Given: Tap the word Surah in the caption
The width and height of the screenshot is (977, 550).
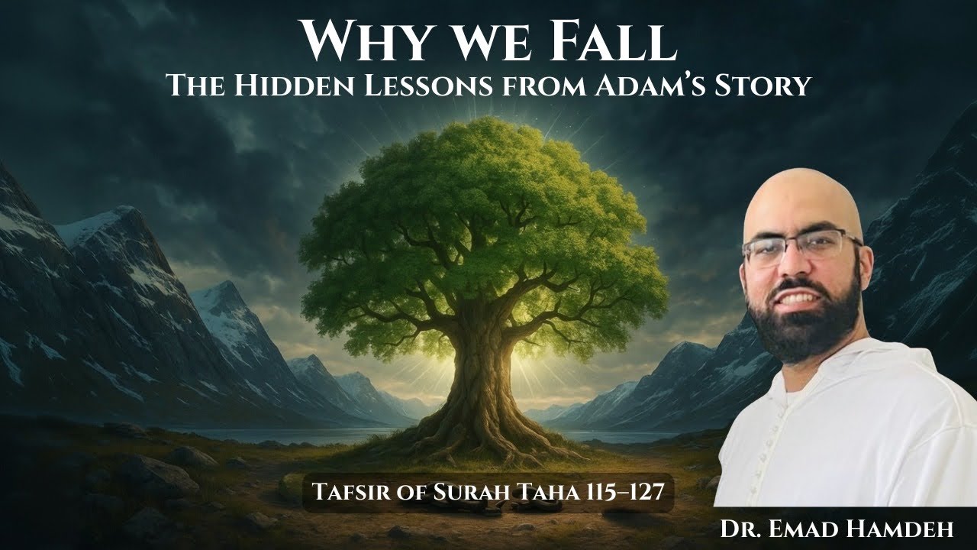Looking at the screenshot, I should pyautogui.click(x=447, y=490).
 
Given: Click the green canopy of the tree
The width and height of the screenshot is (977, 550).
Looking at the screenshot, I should pyautogui.click(x=481, y=214).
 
